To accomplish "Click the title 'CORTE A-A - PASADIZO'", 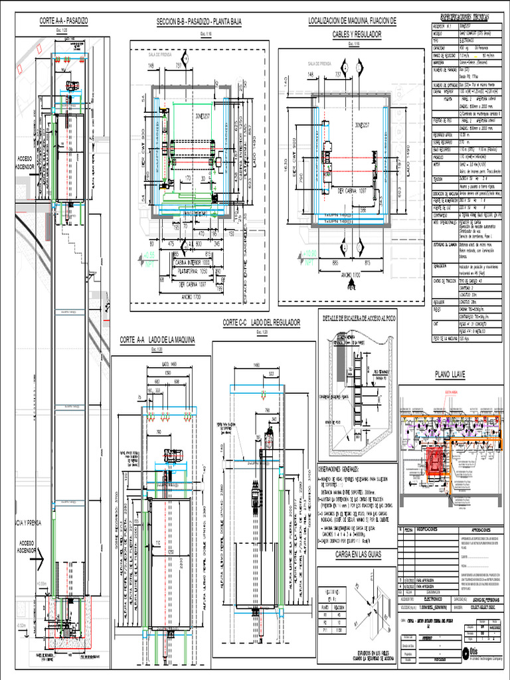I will [64, 21].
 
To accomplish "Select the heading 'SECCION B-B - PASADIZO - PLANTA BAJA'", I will [199, 22].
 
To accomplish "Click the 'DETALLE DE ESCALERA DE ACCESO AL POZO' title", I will [359, 317].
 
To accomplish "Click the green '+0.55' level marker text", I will [148, 255].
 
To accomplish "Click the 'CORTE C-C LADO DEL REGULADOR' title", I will [261, 322].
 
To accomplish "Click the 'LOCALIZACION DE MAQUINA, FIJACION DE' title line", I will [352, 21].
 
